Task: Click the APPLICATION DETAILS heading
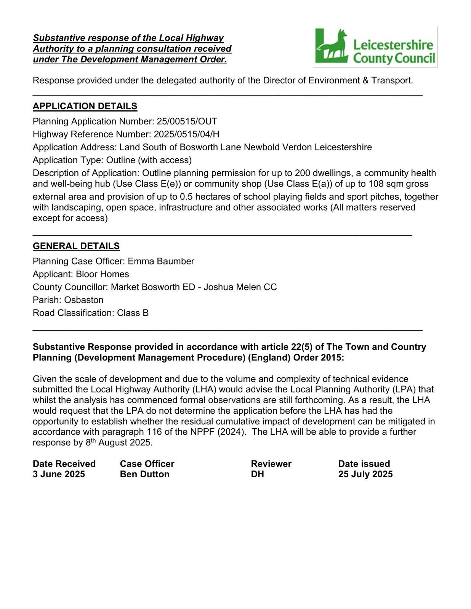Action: coord(85,106)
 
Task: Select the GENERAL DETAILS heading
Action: coord(76,246)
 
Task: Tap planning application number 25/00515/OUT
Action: coord(187,121)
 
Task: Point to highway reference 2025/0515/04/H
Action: coord(186,134)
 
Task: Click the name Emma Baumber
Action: coord(161,261)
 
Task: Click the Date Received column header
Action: coord(64,464)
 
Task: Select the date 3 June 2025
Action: coord(59,474)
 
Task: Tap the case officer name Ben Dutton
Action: coord(144,474)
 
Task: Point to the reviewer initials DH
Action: coord(257,474)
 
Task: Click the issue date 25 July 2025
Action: coord(365,474)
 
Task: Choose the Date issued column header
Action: coord(364,464)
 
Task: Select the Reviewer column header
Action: coord(271,464)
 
